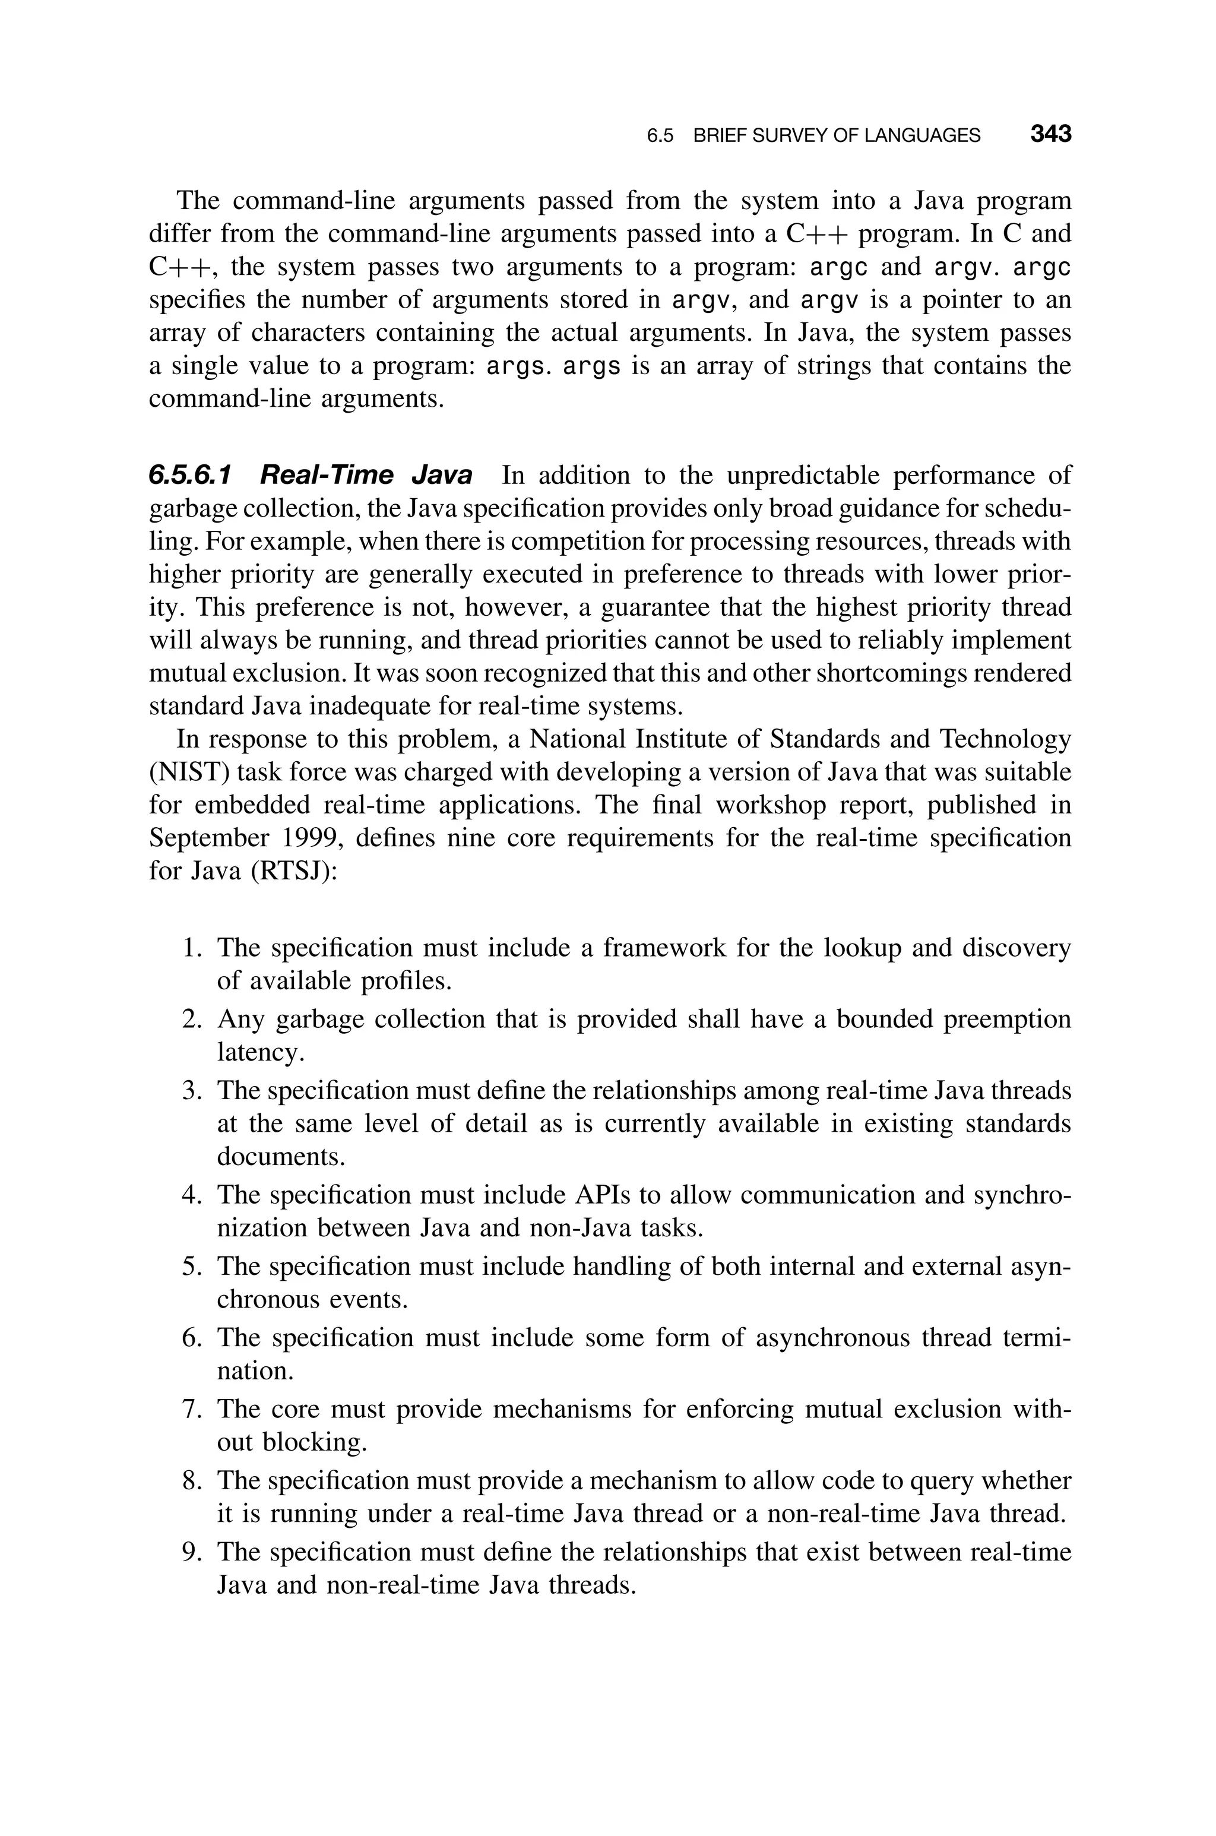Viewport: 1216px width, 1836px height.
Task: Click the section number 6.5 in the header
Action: (659, 136)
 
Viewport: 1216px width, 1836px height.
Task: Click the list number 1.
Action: (192, 948)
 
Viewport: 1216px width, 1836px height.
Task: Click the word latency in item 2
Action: (258, 1052)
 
